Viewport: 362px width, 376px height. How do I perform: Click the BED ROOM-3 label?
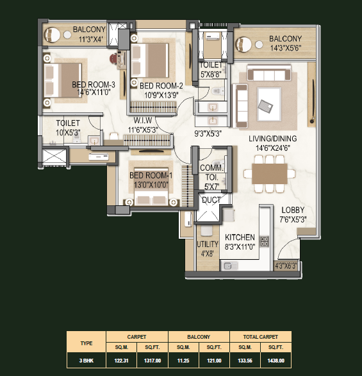pos(94,85)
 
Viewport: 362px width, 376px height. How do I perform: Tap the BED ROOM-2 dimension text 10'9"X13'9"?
pos(161,95)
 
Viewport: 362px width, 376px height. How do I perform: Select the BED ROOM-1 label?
pos(151,175)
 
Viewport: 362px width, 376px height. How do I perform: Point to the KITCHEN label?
pos(240,237)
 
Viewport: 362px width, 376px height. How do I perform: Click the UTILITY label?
pos(208,244)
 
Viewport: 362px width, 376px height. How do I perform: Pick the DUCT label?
pos(211,200)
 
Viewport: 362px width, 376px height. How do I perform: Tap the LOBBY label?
pos(293,210)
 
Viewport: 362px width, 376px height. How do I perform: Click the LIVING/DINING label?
pos(273,139)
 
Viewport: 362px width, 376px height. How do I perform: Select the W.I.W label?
pos(143,120)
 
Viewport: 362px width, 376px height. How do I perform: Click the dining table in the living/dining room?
pos(270,174)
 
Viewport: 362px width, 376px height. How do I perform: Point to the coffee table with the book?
pos(269,105)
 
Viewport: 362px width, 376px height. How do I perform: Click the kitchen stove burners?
pos(265,241)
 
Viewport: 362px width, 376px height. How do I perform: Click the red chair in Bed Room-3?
pos(113,58)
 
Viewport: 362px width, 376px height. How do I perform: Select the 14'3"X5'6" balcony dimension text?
pos(286,48)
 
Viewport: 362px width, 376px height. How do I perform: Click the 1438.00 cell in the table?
pos(276,361)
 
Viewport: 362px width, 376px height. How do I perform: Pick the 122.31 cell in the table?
pos(121,361)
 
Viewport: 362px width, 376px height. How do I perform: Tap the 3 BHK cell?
pos(86,361)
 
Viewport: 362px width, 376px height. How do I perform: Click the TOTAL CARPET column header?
pos(261,337)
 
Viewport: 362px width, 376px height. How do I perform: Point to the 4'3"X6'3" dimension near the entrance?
pos(286,266)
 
